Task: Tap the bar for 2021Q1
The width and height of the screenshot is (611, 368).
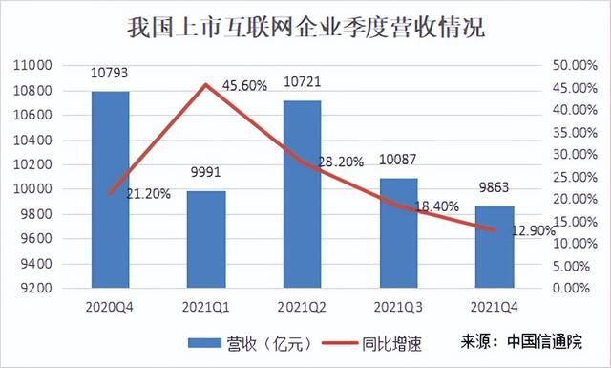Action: [x=206, y=239]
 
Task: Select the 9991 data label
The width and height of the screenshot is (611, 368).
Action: [x=206, y=172]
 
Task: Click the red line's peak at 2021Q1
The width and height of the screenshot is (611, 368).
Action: [x=206, y=84]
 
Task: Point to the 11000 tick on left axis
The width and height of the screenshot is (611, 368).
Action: [x=32, y=65]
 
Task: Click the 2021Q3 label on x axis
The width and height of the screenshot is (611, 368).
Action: [x=398, y=308]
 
